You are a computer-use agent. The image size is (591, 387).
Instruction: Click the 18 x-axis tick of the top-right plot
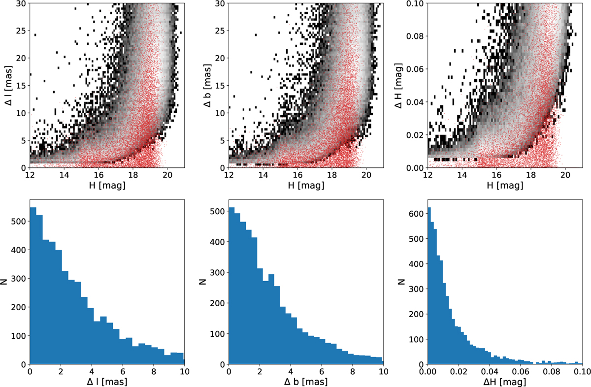[x=531, y=174]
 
